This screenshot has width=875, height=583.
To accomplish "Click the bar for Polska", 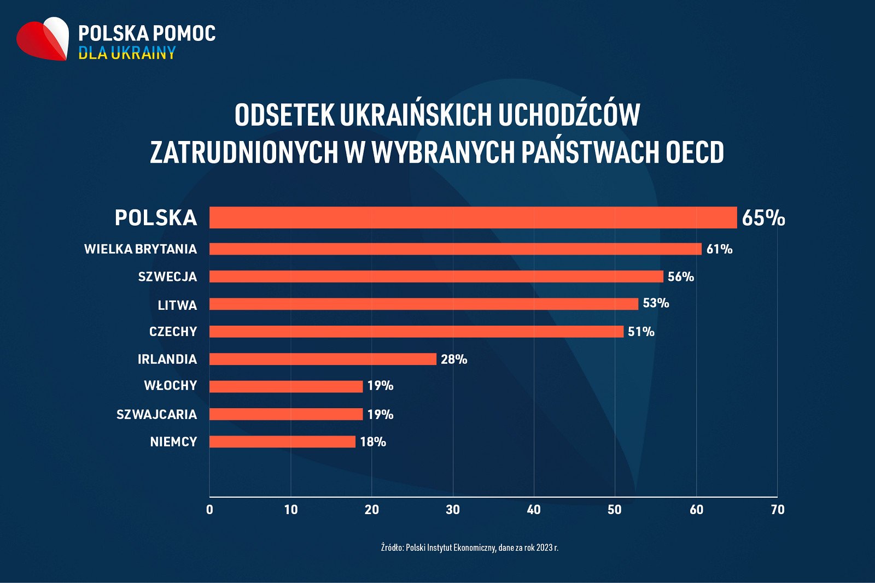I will [x=473, y=217].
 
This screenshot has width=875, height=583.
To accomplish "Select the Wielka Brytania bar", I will [x=455, y=249].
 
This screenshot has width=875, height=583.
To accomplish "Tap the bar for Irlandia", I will [x=323, y=359].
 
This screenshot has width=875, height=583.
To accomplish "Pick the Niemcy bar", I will [x=282, y=441].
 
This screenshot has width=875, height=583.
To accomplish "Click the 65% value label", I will [x=763, y=218].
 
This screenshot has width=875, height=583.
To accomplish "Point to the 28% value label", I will [x=454, y=360].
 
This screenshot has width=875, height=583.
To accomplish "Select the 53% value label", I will [x=656, y=303].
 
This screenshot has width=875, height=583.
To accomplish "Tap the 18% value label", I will [x=373, y=442].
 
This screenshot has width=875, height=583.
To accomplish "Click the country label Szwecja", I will [x=167, y=277].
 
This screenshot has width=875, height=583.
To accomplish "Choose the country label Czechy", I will [x=173, y=332].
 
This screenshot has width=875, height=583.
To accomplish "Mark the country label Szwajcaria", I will [x=156, y=414].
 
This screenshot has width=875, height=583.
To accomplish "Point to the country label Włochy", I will [x=170, y=386].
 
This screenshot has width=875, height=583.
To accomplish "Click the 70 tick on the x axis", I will [x=777, y=510].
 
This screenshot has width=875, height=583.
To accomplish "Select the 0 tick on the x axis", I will [x=209, y=510].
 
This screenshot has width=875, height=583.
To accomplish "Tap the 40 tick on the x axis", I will [x=534, y=510].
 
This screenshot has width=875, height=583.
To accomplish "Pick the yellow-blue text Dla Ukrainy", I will [x=127, y=53].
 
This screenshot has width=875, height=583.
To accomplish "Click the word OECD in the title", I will [x=695, y=152].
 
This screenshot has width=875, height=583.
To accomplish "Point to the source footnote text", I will [x=469, y=547].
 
